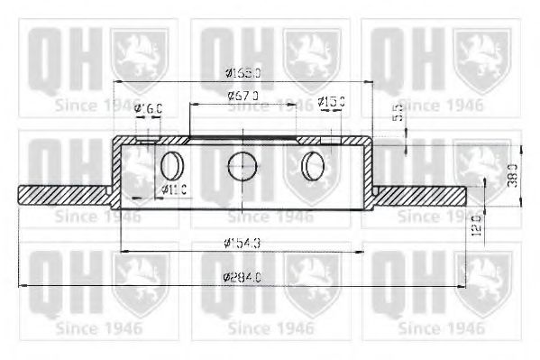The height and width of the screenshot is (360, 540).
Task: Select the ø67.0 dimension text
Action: point(243,95)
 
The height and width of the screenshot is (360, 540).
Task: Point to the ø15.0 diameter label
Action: point(332,100)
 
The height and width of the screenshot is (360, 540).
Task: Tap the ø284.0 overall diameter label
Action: point(242,278)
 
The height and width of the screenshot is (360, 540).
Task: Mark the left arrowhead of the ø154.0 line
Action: point(125,250)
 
